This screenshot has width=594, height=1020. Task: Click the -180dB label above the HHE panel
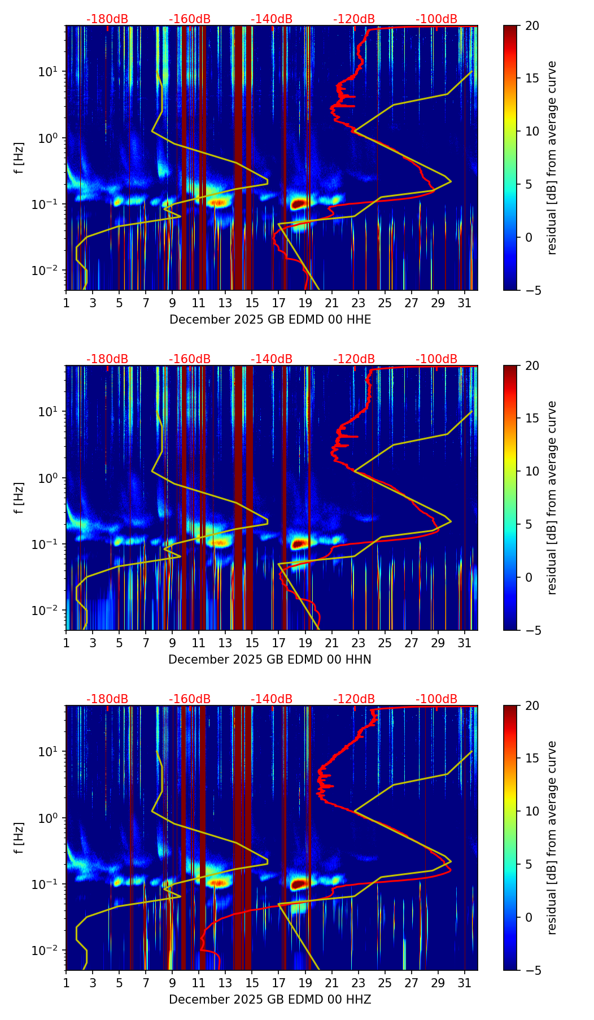[107, 19]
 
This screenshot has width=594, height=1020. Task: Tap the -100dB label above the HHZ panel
[436, 699]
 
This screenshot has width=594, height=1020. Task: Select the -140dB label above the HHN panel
[272, 359]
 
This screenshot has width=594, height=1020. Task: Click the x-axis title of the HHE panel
[270, 320]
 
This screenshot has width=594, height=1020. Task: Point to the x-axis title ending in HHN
[270, 660]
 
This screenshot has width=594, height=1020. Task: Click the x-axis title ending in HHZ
[270, 1000]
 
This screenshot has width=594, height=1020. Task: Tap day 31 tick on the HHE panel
[465, 303]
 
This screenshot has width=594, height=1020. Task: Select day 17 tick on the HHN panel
[279, 643]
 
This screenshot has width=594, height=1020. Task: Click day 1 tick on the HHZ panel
[67, 983]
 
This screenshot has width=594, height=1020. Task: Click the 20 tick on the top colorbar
[532, 25]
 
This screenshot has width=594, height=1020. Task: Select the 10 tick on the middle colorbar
[532, 471]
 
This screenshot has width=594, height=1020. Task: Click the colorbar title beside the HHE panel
[552, 158]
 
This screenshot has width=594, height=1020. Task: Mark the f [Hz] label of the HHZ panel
[20, 838]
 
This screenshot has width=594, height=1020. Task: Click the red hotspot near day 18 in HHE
[298, 204]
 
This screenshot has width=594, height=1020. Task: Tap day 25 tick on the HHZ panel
[385, 983]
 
